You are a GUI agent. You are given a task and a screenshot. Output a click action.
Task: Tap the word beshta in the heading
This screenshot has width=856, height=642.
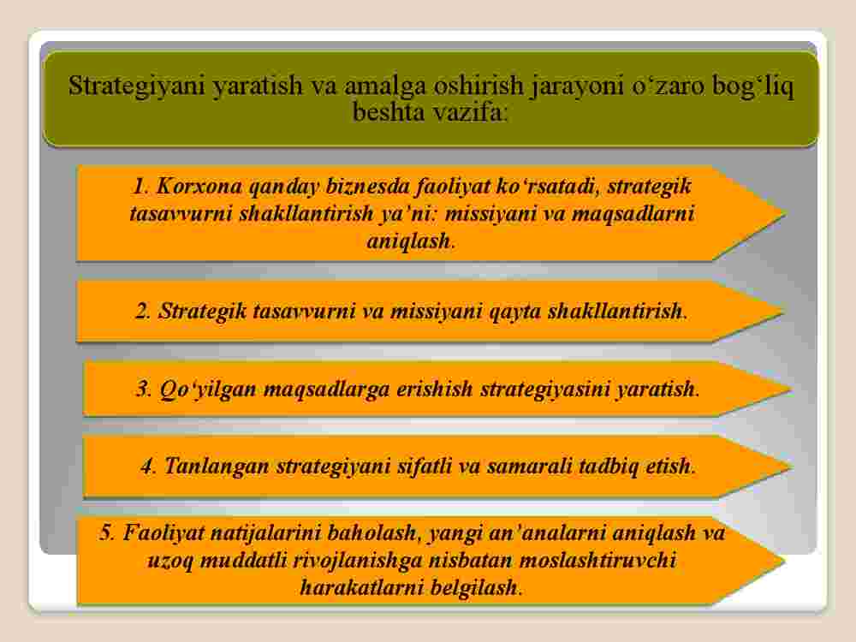click(389, 112)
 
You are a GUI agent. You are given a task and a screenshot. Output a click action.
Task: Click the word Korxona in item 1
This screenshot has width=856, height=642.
click(199, 186)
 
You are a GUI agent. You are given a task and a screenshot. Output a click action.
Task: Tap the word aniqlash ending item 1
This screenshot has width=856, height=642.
click(408, 241)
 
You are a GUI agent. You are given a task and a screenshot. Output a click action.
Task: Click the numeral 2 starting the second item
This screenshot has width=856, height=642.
click(142, 312)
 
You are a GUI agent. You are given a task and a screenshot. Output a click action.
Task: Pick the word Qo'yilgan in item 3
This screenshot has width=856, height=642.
click(208, 389)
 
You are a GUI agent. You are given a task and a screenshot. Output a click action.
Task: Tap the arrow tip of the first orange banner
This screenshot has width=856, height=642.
click(786, 213)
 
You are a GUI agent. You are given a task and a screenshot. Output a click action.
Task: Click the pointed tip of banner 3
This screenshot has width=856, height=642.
click(791, 389)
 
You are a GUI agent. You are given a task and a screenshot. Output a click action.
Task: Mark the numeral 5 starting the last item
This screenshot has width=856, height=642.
click(106, 532)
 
